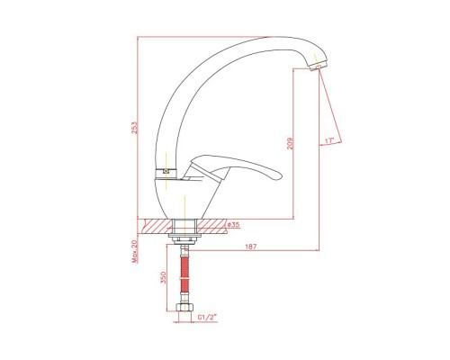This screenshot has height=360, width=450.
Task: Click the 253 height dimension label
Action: coord(135,127)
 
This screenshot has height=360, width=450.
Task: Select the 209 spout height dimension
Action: coord(290,144)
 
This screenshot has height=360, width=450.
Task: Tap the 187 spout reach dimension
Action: coord(251,247)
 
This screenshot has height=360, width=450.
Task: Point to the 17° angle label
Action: coord(329,140)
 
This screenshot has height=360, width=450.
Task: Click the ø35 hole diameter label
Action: coord(233,224)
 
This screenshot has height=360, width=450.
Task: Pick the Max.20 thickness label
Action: coord(135,251)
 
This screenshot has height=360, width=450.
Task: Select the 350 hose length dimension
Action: coord(163,279)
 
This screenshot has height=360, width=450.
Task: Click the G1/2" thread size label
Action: coord(207,317)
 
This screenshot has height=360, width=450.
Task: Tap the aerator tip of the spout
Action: coord(318,66)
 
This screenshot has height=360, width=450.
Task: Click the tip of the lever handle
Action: coord(278,176)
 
